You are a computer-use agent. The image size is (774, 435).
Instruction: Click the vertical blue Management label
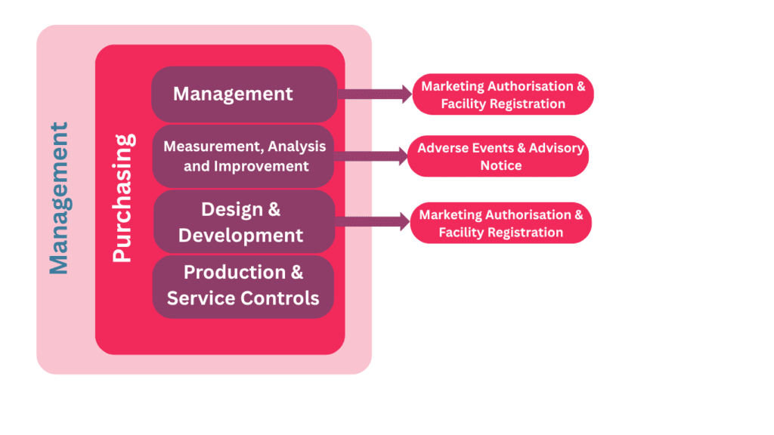click(x=59, y=198)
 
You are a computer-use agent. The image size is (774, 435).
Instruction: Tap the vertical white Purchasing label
click(x=122, y=198)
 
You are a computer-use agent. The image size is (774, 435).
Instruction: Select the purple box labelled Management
click(x=243, y=94)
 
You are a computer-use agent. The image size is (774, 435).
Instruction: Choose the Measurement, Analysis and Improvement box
click(x=243, y=156)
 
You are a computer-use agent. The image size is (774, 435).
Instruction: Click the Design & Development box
click(x=243, y=221)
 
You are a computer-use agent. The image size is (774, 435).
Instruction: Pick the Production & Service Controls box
click(x=243, y=286)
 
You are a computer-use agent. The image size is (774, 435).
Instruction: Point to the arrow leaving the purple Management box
click(x=373, y=94)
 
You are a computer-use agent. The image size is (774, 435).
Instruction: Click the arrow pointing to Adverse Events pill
click(x=370, y=156)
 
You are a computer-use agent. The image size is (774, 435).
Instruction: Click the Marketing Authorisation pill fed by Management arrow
click(x=503, y=94)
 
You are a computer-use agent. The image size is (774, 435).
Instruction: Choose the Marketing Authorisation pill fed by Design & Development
click(x=501, y=223)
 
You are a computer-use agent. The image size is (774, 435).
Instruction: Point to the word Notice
click(x=500, y=165)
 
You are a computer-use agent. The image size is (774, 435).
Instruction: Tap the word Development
click(x=240, y=235)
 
